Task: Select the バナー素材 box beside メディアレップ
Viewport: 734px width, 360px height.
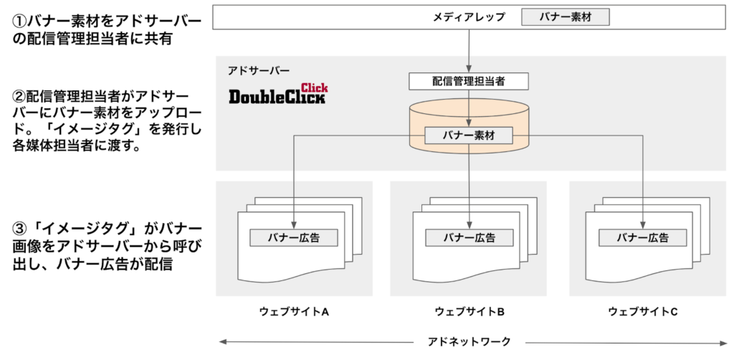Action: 565,16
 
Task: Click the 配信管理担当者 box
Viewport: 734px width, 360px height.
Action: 469,81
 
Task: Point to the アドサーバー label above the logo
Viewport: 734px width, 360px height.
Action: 259,70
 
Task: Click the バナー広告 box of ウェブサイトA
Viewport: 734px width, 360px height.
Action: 293,237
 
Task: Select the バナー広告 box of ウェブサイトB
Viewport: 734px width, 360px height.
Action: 469,237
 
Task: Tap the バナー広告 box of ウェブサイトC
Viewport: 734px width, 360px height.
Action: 643,237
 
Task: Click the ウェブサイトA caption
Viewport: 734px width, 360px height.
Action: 294,312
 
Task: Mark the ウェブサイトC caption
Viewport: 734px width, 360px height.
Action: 643,312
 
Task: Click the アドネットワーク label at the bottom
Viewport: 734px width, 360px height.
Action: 469,341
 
